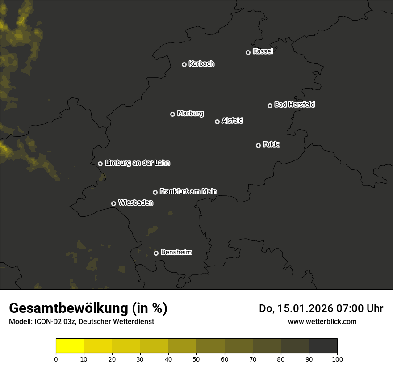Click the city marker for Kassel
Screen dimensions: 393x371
[248, 52]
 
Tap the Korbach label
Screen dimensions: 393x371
[201, 64]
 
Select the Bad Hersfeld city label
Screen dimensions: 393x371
[294, 105]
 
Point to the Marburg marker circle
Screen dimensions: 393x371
[172, 114]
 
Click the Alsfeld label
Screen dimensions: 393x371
[232, 121]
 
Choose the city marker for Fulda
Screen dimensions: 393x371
[258, 145]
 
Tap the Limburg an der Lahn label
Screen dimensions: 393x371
[137, 163]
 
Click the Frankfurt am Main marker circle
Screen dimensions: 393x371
[155, 192]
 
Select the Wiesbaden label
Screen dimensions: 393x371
[135, 203]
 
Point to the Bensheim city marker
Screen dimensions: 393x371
[156, 253]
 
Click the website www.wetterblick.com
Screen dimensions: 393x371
[322, 321]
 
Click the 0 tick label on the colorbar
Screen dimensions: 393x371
[56, 359]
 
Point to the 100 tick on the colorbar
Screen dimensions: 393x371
[337, 359]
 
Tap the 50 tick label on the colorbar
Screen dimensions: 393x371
[196, 359]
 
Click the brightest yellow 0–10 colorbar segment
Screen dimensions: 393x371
[70, 346]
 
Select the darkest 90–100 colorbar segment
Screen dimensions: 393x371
[323, 346]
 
